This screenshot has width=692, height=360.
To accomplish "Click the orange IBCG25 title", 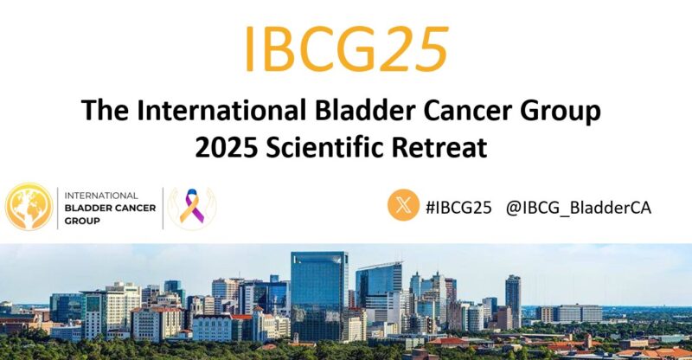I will [346, 48].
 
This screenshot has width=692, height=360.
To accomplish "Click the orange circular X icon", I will [403, 206].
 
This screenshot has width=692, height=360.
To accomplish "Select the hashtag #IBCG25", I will [458, 207].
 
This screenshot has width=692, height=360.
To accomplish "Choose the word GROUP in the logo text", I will [82, 221].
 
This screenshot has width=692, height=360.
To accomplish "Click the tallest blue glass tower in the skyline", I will [319, 286].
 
